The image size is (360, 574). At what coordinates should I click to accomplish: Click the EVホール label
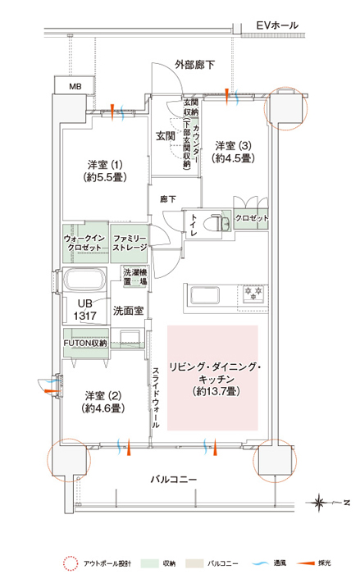277,25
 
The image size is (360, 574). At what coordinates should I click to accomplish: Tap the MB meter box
75,85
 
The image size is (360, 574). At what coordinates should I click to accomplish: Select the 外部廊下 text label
194,65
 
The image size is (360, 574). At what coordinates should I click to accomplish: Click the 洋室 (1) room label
105,171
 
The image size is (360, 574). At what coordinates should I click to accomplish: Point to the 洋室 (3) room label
233,152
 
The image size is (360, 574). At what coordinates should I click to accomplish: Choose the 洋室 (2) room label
103,402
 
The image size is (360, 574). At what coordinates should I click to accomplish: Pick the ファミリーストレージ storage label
130,243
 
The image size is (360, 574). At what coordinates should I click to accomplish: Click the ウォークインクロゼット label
84,243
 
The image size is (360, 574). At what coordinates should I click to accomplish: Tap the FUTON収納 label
85,344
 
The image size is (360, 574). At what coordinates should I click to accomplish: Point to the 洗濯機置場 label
135,277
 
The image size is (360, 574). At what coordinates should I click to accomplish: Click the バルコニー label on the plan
174,479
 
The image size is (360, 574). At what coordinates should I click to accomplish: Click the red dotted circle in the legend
70,563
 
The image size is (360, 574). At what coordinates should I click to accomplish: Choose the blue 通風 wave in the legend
260,563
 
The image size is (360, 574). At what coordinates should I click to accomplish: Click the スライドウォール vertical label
156,397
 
